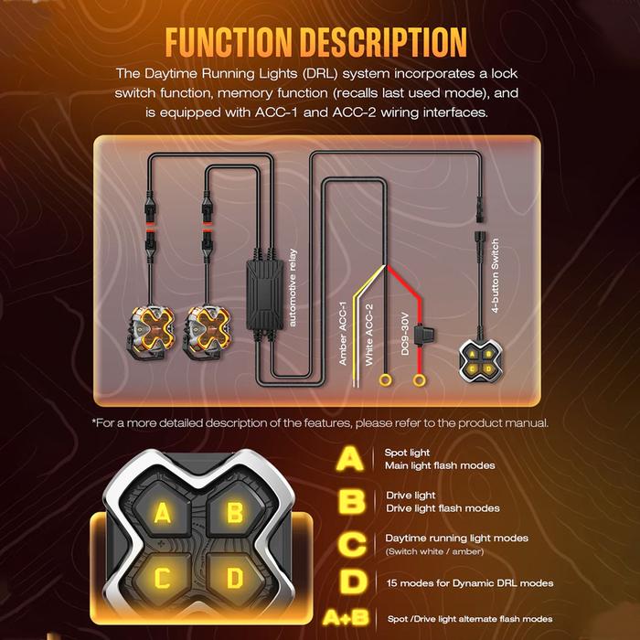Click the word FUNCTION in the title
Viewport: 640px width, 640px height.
click(x=229, y=42)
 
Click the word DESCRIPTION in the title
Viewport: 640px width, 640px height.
click(x=384, y=42)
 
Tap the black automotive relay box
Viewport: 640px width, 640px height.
click(x=265, y=295)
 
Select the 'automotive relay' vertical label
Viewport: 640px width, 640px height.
click(x=293, y=288)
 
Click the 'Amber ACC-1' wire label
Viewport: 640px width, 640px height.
click(x=343, y=334)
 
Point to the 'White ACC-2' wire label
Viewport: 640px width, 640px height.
click(x=368, y=335)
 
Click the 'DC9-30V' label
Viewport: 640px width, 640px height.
click(x=404, y=334)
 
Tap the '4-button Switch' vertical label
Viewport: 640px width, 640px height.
click(x=495, y=276)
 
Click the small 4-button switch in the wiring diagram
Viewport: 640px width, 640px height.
click(x=480, y=362)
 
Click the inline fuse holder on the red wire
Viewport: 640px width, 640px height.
click(x=422, y=335)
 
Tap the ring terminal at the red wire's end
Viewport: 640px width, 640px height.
click(x=419, y=380)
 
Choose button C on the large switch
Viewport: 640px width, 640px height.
click(x=162, y=578)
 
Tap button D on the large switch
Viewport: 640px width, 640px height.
click(x=235, y=578)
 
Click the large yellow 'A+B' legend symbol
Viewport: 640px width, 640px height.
click(x=346, y=618)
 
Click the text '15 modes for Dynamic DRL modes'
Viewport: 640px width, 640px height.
click(x=470, y=583)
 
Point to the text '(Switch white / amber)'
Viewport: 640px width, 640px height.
click(x=434, y=551)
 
